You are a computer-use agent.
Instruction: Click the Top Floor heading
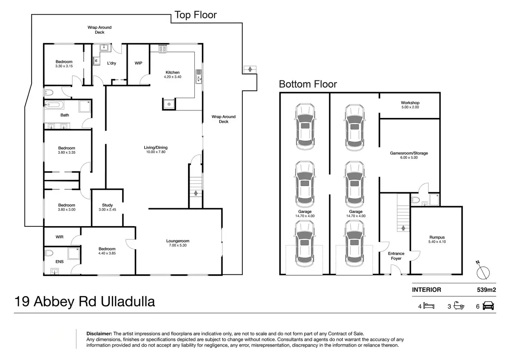click(195, 15)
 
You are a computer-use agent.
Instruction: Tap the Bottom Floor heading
click(308, 84)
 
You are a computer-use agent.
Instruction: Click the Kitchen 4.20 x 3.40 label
click(173, 74)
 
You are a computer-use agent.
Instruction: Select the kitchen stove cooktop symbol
click(163, 49)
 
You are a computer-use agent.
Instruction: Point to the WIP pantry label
click(138, 63)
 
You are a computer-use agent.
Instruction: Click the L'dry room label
click(112, 63)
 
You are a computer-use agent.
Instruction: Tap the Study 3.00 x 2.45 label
click(107, 207)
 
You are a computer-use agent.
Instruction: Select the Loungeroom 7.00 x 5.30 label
click(178, 243)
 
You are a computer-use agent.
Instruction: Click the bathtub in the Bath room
click(54, 105)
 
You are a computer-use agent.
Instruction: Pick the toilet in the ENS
click(49, 253)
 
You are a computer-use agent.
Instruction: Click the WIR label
click(59, 237)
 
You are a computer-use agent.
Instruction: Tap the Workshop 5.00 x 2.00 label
click(410, 105)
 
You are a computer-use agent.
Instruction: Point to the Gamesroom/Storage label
click(409, 153)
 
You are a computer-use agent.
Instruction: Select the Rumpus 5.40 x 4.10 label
click(437, 239)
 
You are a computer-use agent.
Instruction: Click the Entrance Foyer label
click(396, 256)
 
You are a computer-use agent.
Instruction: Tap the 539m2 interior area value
click(486, 290)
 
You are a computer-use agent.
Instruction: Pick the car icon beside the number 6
click(488, 306)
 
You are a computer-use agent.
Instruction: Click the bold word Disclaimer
click(99, 334)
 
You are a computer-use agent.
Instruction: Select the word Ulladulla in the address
click(128, 302)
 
